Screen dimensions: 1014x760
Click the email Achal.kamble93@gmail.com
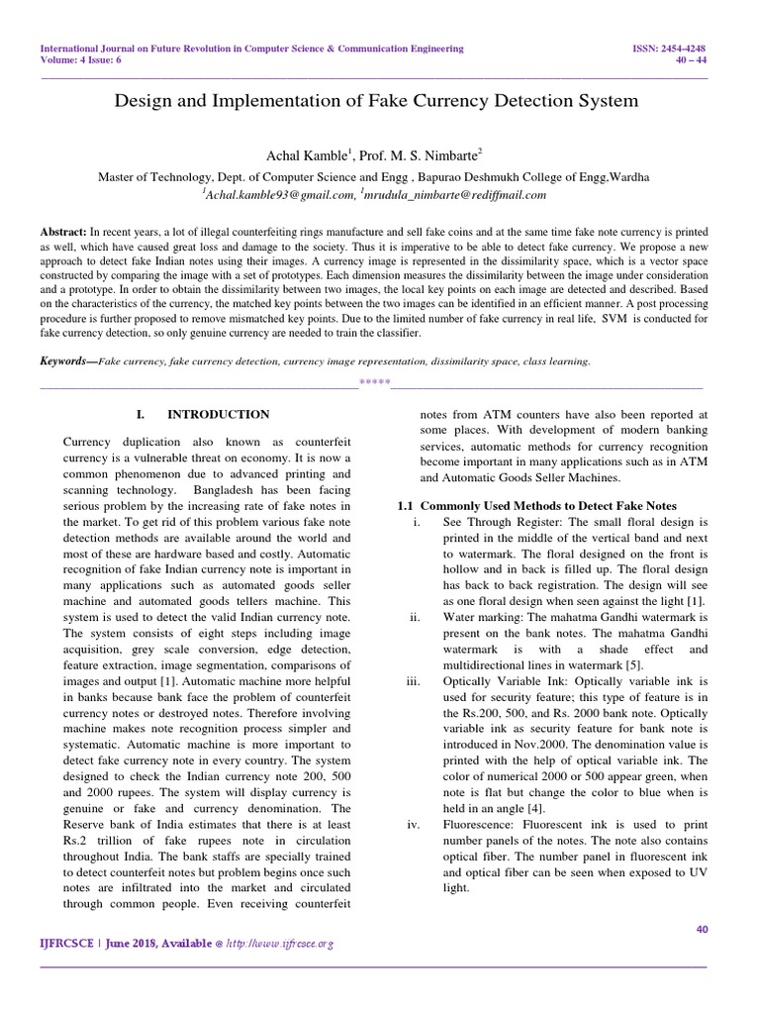[x=269, y=195]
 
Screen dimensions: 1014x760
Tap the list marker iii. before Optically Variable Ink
[x=414, y=681]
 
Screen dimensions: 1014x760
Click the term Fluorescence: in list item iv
[x=483, y=824]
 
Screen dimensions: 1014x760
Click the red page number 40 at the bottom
[x=703, y=928]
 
